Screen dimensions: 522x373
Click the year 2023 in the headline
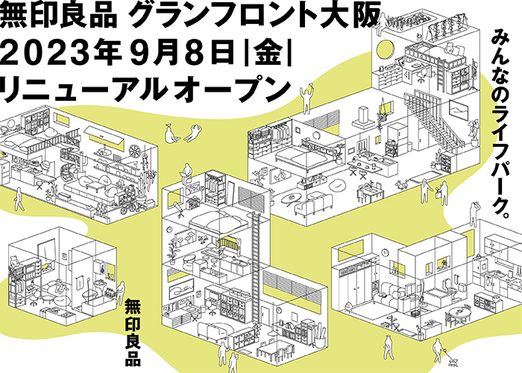(45, 54)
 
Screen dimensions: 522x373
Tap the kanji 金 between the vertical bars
(267, 54)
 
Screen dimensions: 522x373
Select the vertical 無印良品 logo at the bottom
(133, 332)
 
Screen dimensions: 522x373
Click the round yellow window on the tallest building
(383, 49)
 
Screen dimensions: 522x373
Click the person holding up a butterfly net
(307, 97)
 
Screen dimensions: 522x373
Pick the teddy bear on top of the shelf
(13, 261)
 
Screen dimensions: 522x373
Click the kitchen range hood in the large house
(364, 116)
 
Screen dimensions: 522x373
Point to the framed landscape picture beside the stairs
(459, 110)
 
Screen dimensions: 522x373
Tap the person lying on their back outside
(192, 134)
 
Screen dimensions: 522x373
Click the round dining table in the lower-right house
(459, 313)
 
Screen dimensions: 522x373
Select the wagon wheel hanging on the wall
(133, 151)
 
